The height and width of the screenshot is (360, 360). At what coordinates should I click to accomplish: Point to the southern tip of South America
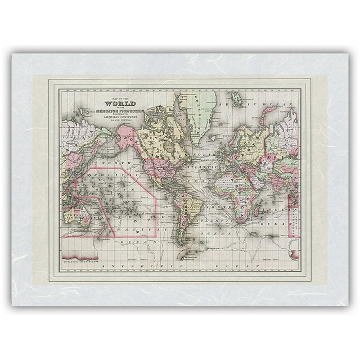click(181, 243)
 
